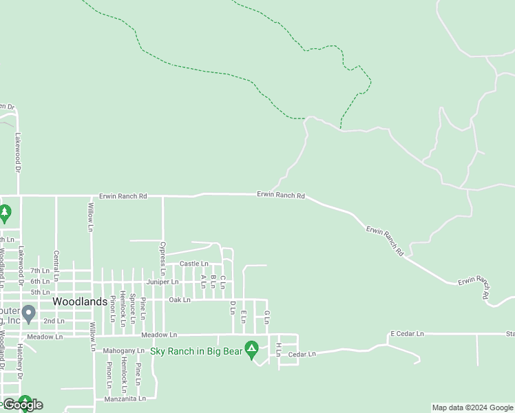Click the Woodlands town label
pos(80,301)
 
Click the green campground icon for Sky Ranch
pos(252,350)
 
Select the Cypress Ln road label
pos(163,255)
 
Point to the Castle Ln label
pos(193,264)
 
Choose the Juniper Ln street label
pos(162,282)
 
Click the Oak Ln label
pos(179,299)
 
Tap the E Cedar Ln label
pos(407,334)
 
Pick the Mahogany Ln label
pos(122,350)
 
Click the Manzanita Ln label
pos(125,399)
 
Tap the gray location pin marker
pos(28,314)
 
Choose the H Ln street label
pos(278,349)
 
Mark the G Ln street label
pos(266,317)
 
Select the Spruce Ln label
pos(132,308)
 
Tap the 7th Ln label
pos(39,271)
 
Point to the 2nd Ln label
pos(54,321)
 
